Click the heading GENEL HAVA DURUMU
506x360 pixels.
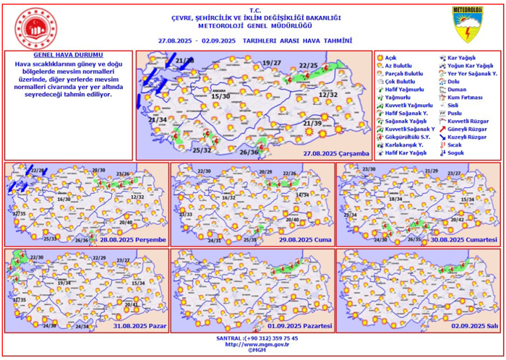pos(69,55)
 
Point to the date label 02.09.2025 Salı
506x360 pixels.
pos(475,326)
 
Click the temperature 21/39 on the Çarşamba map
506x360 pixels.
pos(312,124)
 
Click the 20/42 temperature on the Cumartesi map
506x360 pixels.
pos(457,219)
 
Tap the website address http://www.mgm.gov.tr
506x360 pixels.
pos(252,344)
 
